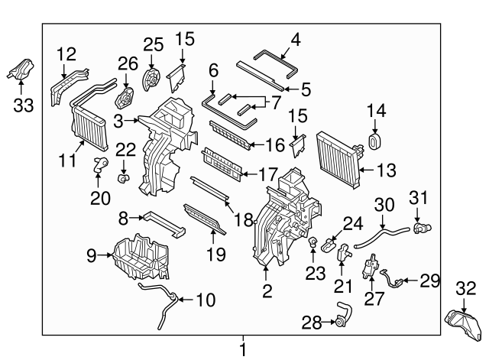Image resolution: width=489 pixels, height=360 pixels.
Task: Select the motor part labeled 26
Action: point(122,97)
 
